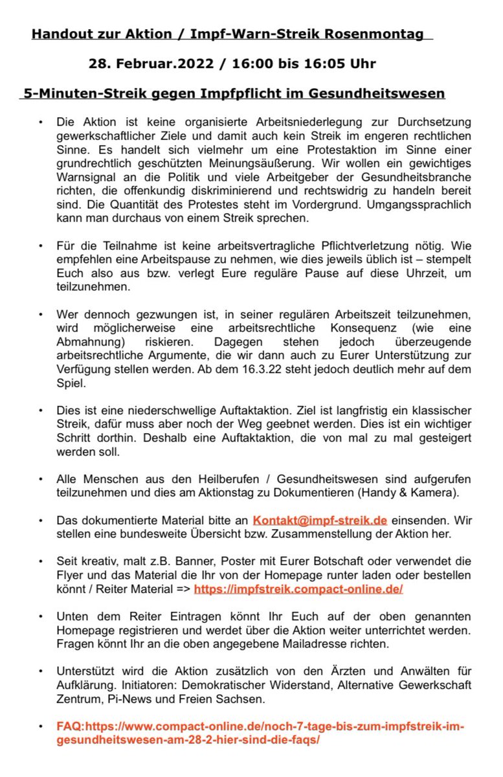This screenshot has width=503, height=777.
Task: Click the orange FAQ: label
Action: point(71,726)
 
